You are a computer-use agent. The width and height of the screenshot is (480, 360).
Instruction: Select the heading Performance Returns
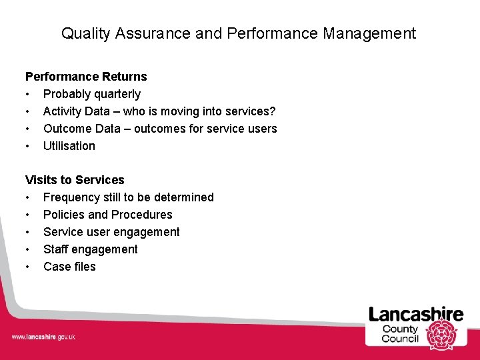[86, 77]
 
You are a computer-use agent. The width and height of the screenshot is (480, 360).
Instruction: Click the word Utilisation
[69, 146]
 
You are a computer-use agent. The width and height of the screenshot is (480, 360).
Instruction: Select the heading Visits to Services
[75, 180]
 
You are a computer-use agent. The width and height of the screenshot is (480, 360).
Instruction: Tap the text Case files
[69, 267]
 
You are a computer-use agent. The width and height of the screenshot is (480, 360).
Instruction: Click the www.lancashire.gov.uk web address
[43, 337]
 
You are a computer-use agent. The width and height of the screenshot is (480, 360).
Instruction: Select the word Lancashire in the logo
[416, 314]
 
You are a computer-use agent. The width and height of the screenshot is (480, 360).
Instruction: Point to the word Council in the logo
[400, 339]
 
